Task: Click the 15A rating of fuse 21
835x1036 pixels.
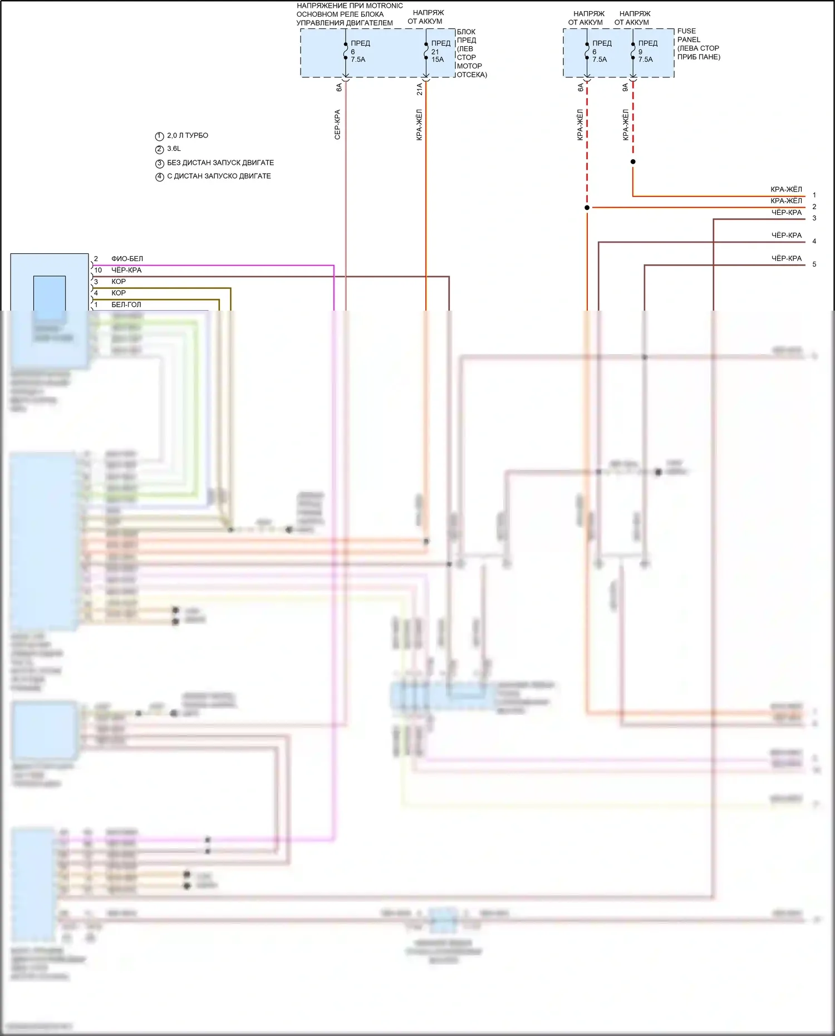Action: click(438, 60)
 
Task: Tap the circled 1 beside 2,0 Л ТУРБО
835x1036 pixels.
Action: click(159, 136)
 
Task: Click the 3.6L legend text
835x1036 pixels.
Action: click(174, 149)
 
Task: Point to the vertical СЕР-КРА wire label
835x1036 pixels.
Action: click(337, 124)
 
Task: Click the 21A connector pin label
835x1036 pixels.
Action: click(420, 89)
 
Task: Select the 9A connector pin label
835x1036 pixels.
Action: click(626, 87)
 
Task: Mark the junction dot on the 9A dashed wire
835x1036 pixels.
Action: click(633, 162)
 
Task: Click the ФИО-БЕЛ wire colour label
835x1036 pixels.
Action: click(127, 259)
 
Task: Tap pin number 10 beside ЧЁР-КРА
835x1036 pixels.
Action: click(98, 270)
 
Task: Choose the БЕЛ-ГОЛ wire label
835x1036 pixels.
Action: click(126, 305)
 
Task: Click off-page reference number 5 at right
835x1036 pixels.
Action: click(814, 264)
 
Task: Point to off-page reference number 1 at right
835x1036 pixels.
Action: click(814, 195)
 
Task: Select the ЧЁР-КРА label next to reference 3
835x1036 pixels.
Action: click(786, 213)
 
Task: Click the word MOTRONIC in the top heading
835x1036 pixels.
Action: click(384, 6)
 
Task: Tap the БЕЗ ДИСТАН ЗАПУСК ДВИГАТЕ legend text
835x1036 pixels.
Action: click(220, 163)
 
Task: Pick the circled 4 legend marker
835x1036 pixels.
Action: click(159, 177)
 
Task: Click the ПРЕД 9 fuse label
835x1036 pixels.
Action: click(647, 47)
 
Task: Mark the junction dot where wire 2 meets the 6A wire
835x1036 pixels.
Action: click(587, 208)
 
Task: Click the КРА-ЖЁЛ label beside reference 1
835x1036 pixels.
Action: click(786, 189)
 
